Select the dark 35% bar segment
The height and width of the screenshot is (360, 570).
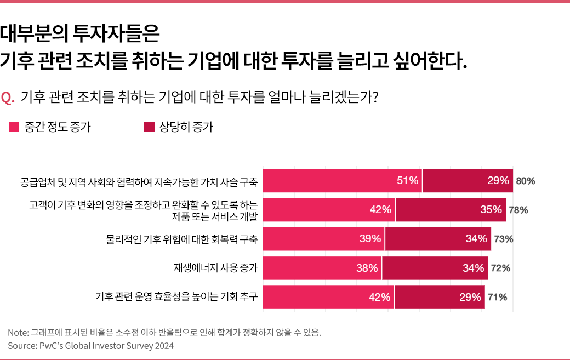point(451,210)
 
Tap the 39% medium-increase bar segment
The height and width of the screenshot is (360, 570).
point(324,239)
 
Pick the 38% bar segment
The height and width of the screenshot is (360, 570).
point(322,268)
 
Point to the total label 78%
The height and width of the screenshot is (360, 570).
point(518,210)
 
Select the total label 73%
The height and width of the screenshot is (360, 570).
point(503,239)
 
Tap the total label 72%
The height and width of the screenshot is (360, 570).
point(501,268)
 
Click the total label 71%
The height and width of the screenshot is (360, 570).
point(497,298)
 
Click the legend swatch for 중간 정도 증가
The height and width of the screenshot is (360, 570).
point(14,127)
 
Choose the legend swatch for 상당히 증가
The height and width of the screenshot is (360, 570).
point(149,127)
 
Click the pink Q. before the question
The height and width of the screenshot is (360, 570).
point(8,98)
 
